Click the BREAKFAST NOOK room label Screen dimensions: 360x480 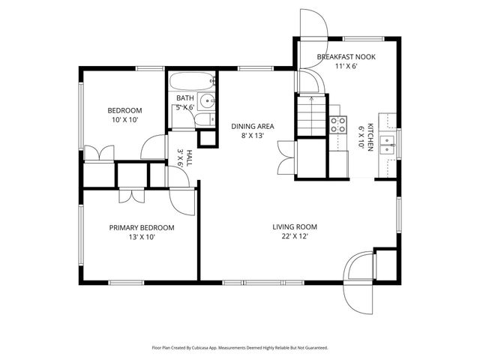coord(346,57)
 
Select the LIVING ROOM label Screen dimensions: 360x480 coord(295,226)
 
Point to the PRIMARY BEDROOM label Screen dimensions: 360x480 coord(142,228)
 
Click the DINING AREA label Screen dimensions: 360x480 coord(252,127)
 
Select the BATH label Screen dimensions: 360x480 coord(184,98)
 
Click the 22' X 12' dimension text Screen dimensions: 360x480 coord(295,236)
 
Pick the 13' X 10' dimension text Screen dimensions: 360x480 coord(142,237)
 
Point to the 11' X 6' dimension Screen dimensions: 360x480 coord(346,66)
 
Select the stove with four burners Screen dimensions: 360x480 coord(338,124)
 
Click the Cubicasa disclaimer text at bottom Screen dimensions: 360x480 coord(240,347)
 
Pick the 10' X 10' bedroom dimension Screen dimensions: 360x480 coord(126,119)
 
